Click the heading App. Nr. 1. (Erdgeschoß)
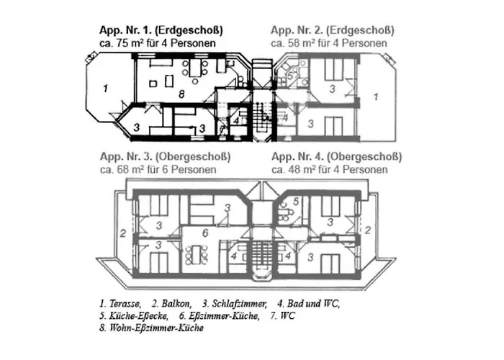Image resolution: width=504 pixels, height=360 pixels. pos(161,30)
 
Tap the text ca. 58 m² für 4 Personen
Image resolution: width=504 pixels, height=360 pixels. pos(329,43)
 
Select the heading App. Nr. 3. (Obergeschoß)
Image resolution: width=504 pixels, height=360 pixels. pos(165,157)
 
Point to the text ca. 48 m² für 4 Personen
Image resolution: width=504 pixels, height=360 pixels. pos(330,169)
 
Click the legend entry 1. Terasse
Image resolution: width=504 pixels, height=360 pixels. pos(120,303)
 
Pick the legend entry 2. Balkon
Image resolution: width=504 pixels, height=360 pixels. pos(172,303)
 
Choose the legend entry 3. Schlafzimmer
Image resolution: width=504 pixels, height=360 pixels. pos(235,303)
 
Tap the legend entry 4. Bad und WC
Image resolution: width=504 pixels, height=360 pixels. pos(309,303)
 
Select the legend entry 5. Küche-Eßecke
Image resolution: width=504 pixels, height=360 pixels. pos(134,316)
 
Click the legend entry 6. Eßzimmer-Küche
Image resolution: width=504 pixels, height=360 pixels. pos(220,316)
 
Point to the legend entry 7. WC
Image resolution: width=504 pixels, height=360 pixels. pos(282,316)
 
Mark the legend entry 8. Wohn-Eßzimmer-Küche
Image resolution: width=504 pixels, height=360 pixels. pos(151,328)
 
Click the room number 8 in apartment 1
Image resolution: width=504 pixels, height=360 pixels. pos(181,94)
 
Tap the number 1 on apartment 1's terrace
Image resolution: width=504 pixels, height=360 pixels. pos(105,88)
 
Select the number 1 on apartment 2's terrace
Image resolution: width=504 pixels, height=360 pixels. pos(376,96)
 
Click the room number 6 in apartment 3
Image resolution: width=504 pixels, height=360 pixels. pos(205,233)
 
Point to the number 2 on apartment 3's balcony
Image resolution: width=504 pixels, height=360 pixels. pos(123,233)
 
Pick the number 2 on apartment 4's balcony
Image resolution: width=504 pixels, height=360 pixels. pos(368,230)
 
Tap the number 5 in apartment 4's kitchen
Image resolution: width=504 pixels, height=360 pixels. pos(296,201)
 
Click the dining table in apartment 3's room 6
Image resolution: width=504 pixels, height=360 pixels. pos(197,255)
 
